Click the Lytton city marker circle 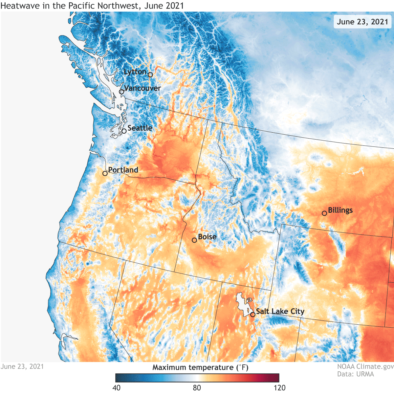tap(150, 75)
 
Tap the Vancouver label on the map tap(142, 88)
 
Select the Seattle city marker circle tap(124, 131)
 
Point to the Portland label tap(123, 170)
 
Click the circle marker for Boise tap(194, 240)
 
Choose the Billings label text tap(340, 210)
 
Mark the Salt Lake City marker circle tap(253, 315)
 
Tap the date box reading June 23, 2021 tap(362, 22)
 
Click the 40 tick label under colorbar tap(116, 388)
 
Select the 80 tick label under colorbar tap(197, 388)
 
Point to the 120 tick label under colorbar tap(279, 388)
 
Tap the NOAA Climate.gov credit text tap(365, 366)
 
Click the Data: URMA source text tap(355, 374)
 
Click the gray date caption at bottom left tap(22, 366)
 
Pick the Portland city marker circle tap(105, 173)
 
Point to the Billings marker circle tap(324, 213)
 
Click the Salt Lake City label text tap(280, 311)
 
